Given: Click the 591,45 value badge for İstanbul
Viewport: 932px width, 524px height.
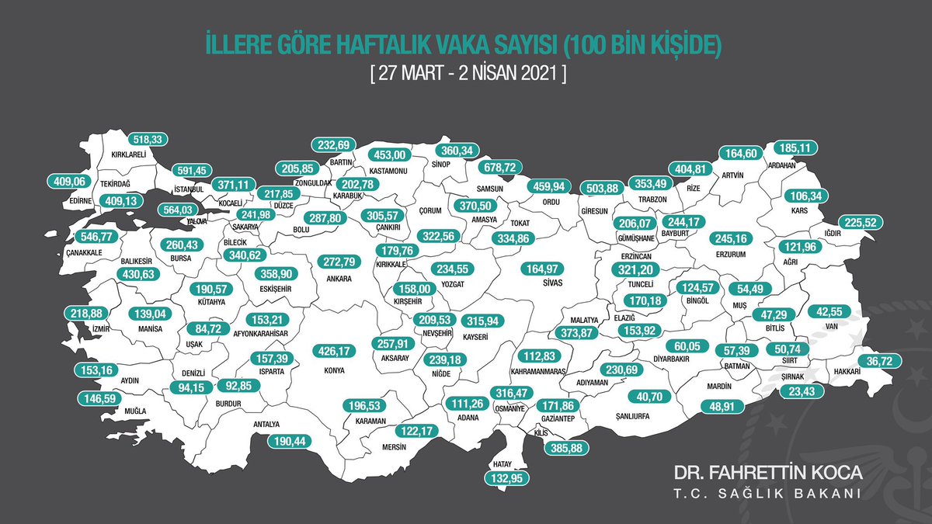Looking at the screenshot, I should coord(188,170).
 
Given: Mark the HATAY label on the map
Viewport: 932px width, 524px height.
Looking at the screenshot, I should coord(499,463).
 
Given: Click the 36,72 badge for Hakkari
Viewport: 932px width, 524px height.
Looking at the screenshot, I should coord(880,361).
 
